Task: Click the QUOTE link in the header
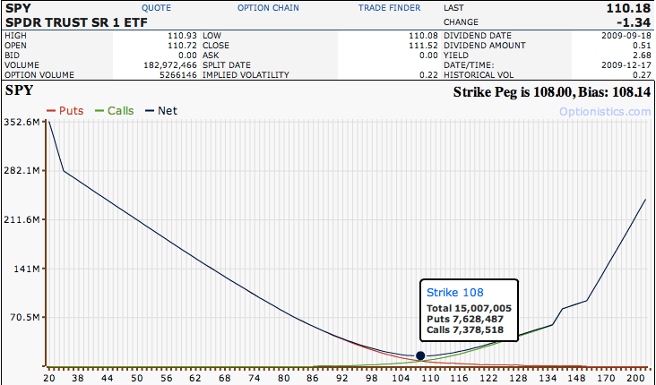[156, 7]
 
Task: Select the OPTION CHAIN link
[268, 7]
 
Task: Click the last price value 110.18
[631, 7]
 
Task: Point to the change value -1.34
[634, 21]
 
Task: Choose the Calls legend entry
[120, 111]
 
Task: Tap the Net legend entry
[167, 111]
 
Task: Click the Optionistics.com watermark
[604, 112]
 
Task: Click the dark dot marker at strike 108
[420, 355]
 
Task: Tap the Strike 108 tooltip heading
[454, 292]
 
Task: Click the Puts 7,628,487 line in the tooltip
[464, 319]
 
